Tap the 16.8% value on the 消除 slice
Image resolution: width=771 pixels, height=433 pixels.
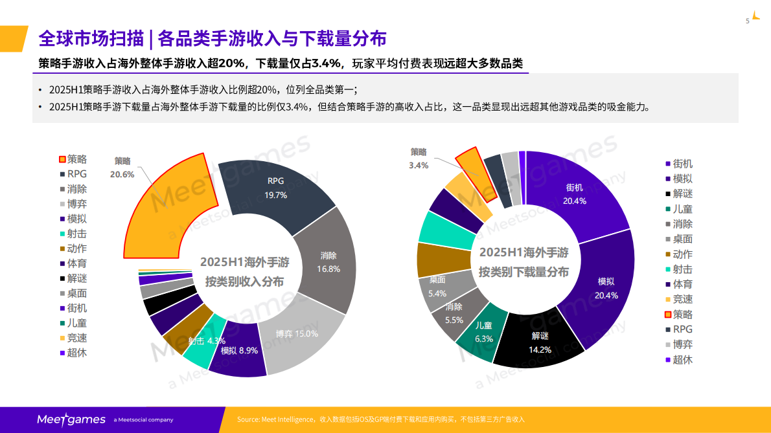click(x=328, y=269)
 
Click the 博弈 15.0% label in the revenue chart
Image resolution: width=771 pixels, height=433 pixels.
click(x=297, y=334)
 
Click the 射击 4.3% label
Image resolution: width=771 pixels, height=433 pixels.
click(x=207, y=340)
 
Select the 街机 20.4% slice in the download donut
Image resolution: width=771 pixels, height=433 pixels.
click(x=575, y=194)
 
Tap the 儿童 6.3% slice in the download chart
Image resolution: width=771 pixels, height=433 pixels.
click(x=484, y=332)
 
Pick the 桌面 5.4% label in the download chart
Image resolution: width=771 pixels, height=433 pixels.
click(x=437, y=287)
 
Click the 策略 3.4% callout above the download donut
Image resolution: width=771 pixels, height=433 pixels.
click(x=419, y=159)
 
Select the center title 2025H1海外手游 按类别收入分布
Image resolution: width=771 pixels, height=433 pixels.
click(x=244, y=272)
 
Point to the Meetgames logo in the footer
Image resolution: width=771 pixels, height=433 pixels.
click(x=71, y=419)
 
